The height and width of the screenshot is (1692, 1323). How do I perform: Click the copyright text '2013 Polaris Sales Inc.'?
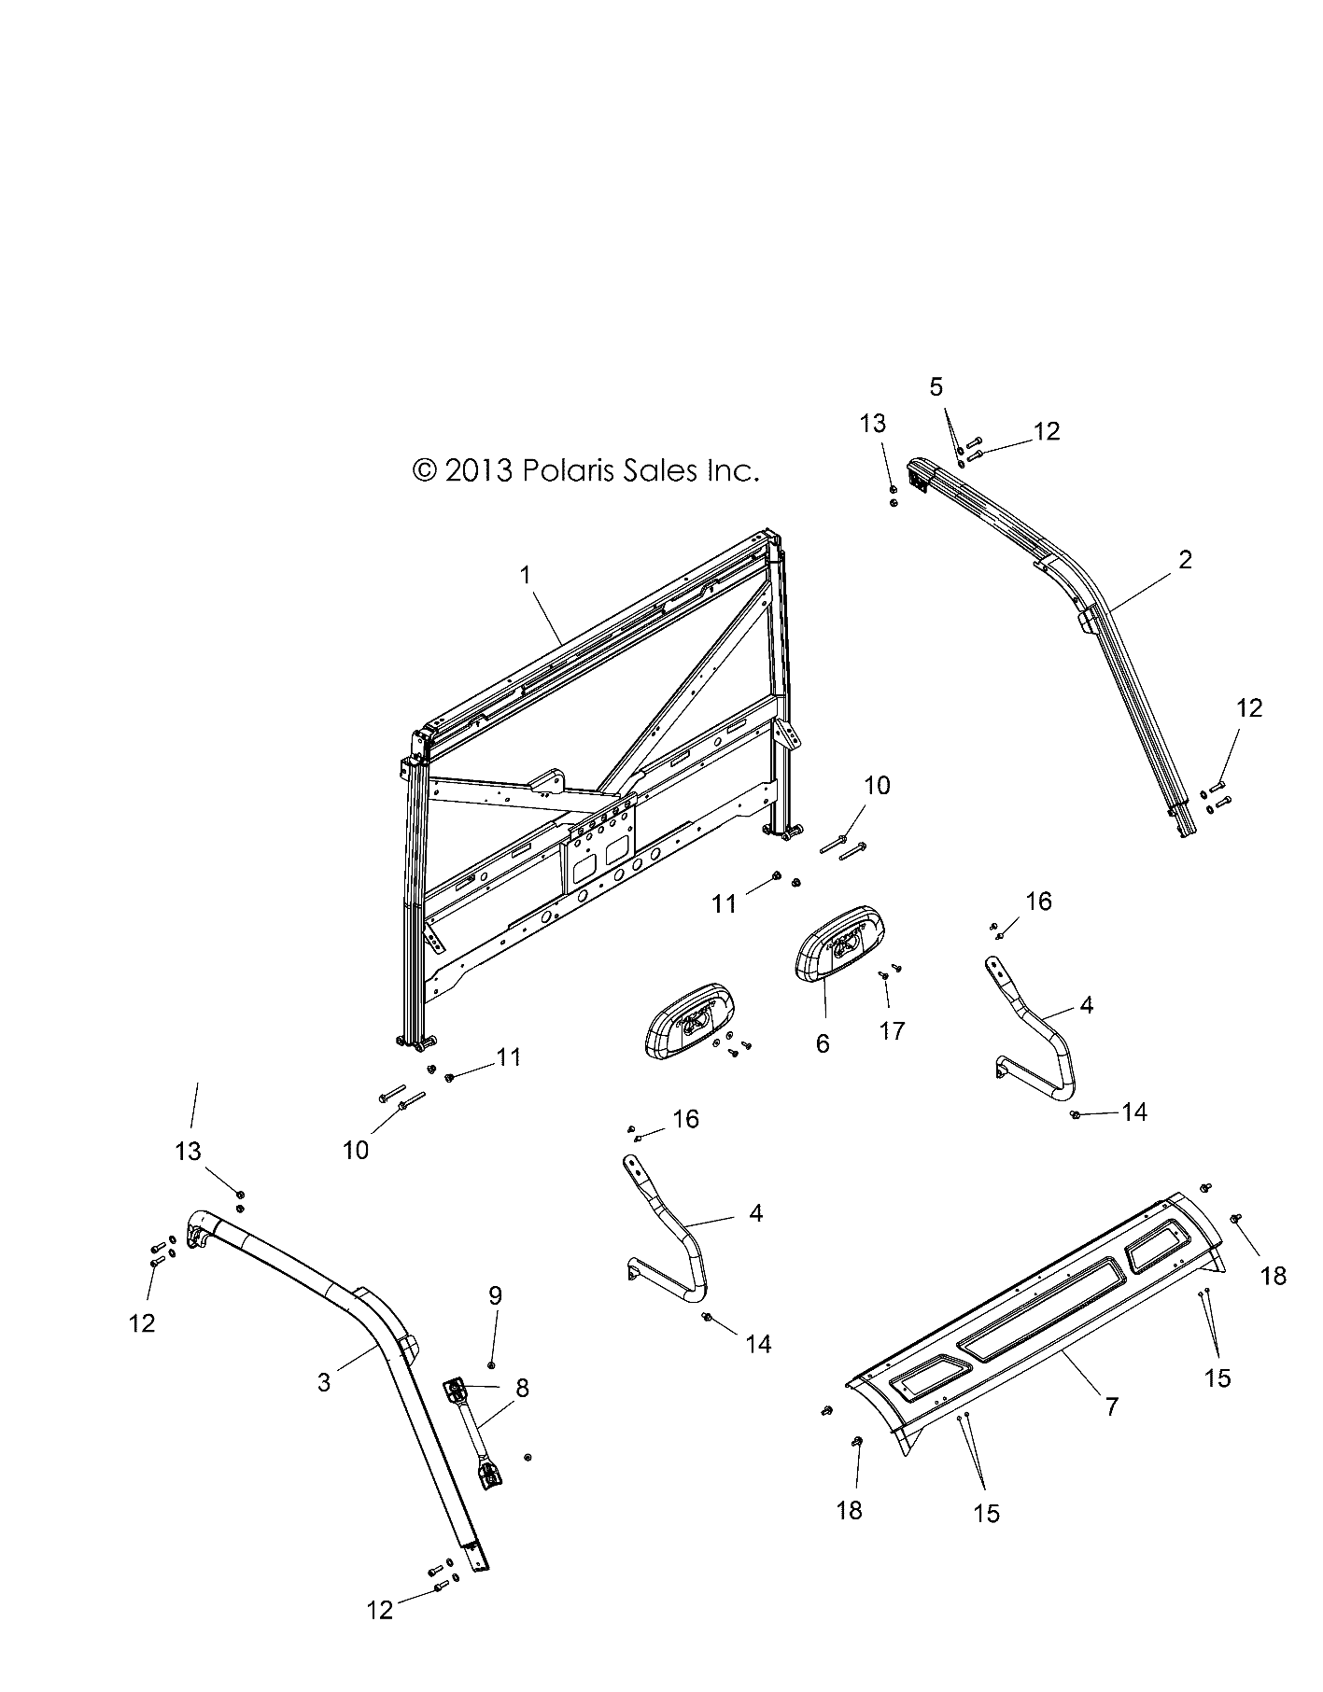point(586,470)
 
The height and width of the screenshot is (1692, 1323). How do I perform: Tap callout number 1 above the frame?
point(526,575)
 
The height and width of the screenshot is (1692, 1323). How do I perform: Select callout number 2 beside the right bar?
point(1185,560)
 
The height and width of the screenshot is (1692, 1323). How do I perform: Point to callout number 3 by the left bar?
point(324,1381)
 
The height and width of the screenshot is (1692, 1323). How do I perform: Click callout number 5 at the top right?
point(936,386)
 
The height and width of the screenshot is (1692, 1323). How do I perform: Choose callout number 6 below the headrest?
point(823,1042)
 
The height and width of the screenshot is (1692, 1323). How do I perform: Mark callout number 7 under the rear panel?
point(1111,1406)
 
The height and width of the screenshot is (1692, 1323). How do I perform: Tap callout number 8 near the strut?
point(522,1388)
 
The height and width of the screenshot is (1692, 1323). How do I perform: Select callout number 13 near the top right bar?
point(872,425)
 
